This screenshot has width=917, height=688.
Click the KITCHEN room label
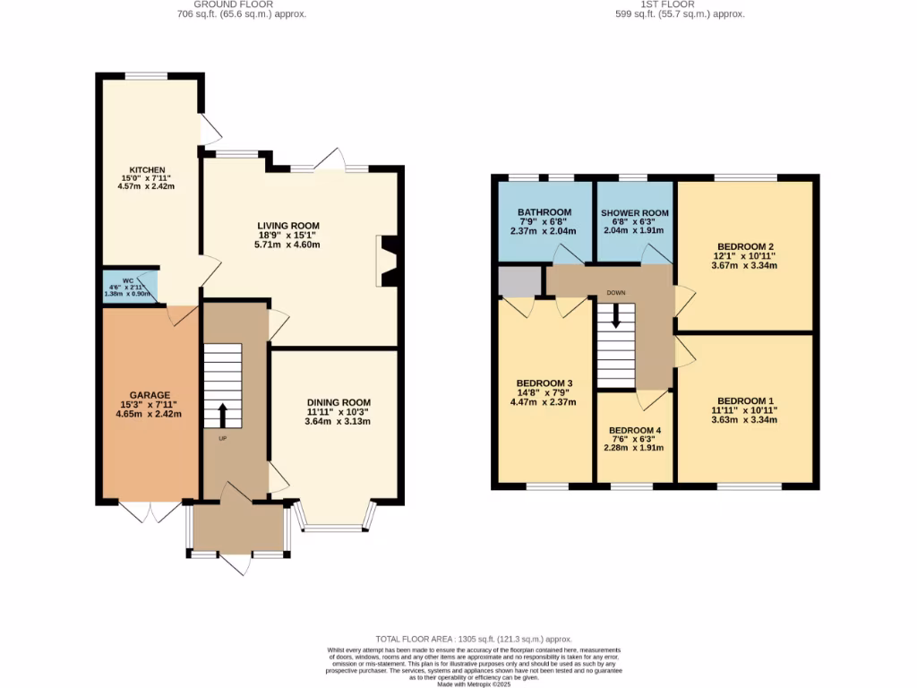[148, 169]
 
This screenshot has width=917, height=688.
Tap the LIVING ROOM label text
[288, 226]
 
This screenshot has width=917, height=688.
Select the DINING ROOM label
[338, 402]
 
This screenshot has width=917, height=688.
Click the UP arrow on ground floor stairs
[222, 415]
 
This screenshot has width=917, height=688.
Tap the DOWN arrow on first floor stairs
[615, 315]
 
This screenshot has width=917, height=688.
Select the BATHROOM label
[543, 212]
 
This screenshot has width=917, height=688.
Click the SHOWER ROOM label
[634, 212]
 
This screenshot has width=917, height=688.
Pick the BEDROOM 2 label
[745, 246]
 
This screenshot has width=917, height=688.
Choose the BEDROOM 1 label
[745, 400]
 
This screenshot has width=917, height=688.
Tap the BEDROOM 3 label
[544, 383]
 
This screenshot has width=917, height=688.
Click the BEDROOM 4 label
[634, 430]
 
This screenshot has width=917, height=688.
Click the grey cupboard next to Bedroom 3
[520, 281]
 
